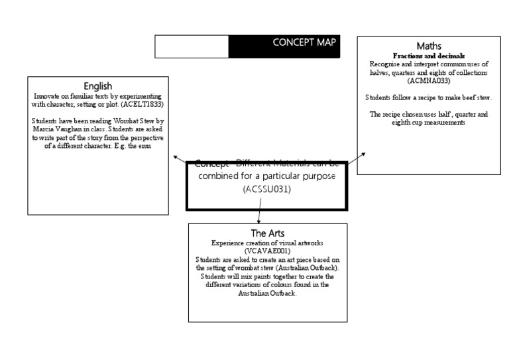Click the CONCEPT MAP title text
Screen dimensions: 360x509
click(304, 42)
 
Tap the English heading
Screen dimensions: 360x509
click(97, 86)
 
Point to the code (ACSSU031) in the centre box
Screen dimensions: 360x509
click(267, 190)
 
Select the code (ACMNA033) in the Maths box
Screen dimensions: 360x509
click(429, 81)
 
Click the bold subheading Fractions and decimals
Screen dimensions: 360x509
click(429, 56)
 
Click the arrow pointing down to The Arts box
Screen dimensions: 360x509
click(258, 218)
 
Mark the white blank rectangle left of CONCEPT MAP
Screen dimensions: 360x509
click(192, 46)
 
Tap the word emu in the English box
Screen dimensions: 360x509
click(144, 146)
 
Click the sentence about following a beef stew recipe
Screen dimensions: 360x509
click(429, 97)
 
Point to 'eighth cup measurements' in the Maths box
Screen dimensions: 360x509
click(429, 123)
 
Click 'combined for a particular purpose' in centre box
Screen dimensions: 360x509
click(267, 176)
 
